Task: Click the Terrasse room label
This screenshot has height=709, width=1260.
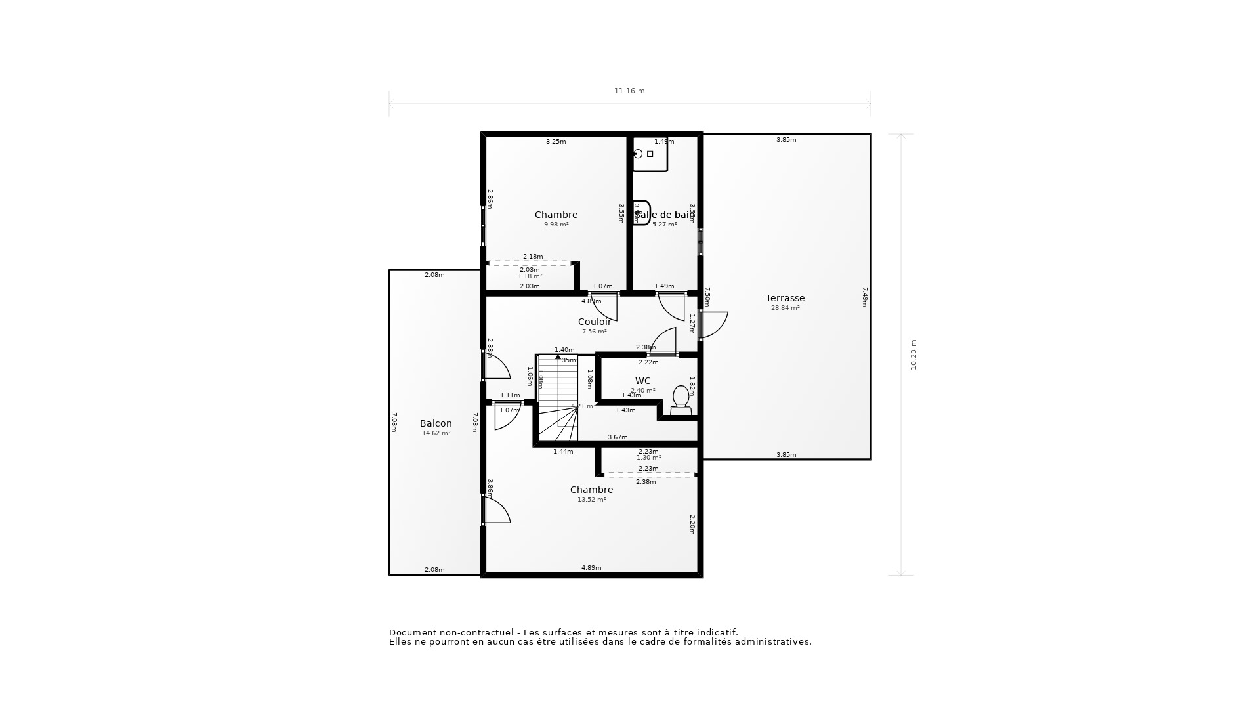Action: (785, 298)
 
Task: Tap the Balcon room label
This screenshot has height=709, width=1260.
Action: (436, 423)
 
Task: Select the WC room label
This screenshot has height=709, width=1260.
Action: (642, 381)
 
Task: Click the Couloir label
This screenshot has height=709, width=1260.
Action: (594, 322)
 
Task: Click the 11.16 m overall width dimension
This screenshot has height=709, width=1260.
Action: (629, 91)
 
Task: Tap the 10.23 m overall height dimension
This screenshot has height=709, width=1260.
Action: (913, 354)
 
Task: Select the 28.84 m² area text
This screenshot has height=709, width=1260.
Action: (785, 308)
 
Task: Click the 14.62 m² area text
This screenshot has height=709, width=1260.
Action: (436, 433)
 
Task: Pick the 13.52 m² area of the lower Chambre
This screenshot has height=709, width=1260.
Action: (591, 500)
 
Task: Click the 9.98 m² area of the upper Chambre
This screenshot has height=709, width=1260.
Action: (556, 225)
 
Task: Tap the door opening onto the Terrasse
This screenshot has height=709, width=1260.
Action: (714, 325)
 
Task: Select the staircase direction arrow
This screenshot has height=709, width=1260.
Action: (558, 357)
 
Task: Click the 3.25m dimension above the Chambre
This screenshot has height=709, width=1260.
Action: (556, 142)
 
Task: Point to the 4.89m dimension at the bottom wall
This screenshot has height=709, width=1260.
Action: (591, 568)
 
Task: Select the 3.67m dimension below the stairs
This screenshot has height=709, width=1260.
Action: (617, 437)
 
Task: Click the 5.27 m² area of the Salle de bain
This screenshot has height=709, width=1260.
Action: (664, 225)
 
